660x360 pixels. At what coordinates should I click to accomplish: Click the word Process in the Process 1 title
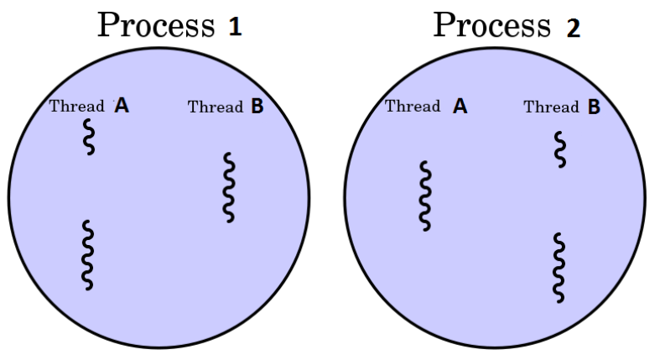tap(156, 25)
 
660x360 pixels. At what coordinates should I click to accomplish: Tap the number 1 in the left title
tap(235, 27)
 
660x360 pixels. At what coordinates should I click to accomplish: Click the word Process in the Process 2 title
tap(491, 25)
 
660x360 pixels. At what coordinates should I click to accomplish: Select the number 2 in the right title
tap(573, 28)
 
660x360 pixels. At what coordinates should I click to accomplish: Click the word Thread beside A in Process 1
tap(77, 107)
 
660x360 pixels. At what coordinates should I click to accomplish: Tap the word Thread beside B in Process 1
tap(215, 107)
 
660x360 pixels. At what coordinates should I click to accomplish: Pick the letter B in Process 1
tap(257, 106)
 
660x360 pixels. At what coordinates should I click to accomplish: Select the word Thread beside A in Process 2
tap(413, 107)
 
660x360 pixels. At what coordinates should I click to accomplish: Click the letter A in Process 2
tap(460, 106)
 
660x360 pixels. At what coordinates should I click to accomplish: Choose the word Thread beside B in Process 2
tap(551, 107)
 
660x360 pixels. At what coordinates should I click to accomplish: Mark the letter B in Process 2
tap(594, 107)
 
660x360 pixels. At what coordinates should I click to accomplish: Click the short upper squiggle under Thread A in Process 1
tap(88, 137)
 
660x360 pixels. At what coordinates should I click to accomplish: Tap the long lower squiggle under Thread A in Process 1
tap(87, 255)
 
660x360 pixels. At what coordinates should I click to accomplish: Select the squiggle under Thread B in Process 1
tap(228, 186)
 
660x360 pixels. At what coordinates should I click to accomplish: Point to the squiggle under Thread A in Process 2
tap(426, 196)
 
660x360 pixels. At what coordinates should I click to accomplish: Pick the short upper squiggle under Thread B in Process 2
tap(560, 149)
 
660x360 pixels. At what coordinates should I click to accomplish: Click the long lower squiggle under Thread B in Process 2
tap(559, 268)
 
